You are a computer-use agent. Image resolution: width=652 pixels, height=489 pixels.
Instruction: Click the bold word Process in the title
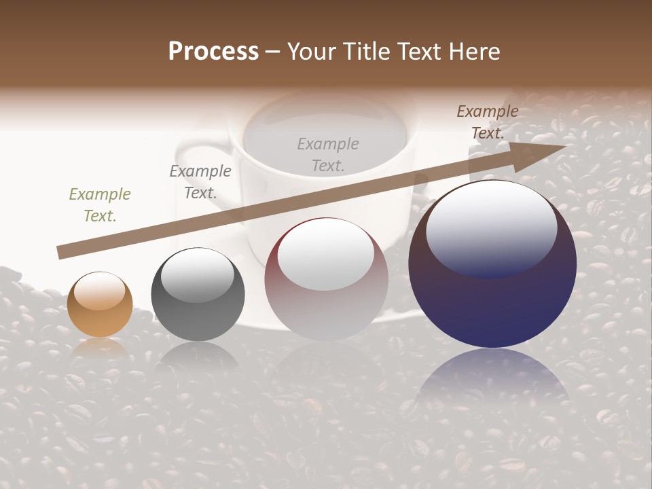pyautogui.click(x=213, y=52)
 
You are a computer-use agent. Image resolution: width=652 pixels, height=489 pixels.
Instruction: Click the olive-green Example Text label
pyautogui.click(x=100, y=205)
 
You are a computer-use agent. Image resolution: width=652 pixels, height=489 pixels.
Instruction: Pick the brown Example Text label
pyautogui.click(x=487, y=122)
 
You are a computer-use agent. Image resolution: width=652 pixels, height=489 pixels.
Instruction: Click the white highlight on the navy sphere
pyautogui.click(x=491, y=228)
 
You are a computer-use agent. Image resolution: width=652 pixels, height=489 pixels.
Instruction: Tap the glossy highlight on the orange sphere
pyautogui.click(x=100, y=291)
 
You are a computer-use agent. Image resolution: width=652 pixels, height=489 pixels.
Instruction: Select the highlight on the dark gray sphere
pyautogui.click(x=198, y=275)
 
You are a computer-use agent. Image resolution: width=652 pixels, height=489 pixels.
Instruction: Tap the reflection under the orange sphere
pyautogui.click(x=100, y=347)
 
